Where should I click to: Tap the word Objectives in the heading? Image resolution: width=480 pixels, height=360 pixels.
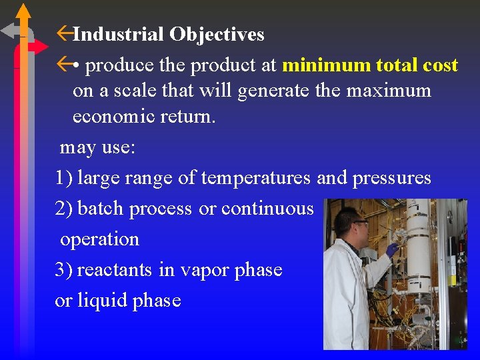coord(217,34)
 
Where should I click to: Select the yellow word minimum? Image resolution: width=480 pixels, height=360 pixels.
coord(326,65)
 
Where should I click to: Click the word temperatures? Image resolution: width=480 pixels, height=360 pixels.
coord(255,178)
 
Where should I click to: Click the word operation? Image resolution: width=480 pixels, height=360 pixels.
coord(100,239)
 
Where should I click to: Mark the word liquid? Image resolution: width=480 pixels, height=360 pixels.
coord(101,301)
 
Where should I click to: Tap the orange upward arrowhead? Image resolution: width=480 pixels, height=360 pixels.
coord(24,11)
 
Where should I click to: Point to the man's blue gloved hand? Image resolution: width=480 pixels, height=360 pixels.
coord(393,249)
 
